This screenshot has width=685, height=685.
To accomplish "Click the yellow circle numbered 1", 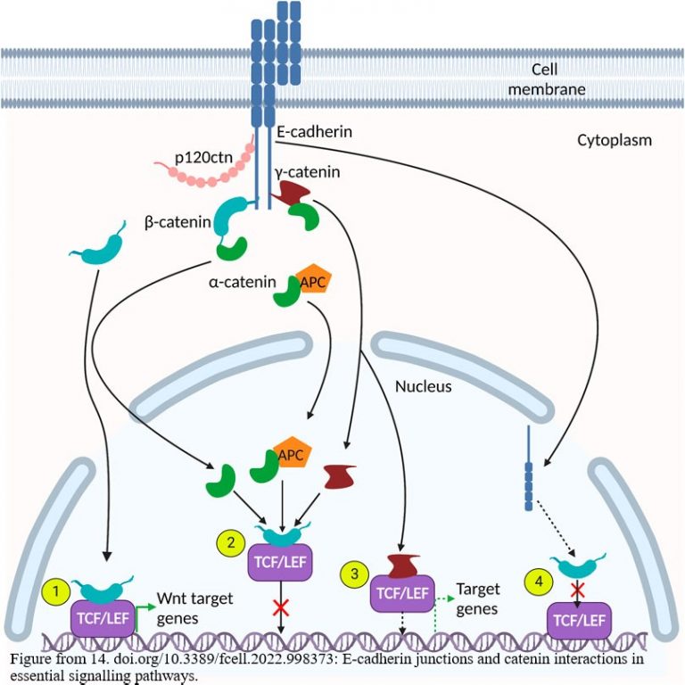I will (x=55, y=590).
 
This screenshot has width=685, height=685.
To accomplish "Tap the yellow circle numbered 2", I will (x=230, y=541).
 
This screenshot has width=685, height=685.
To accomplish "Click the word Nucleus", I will (x=425, y=387).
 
